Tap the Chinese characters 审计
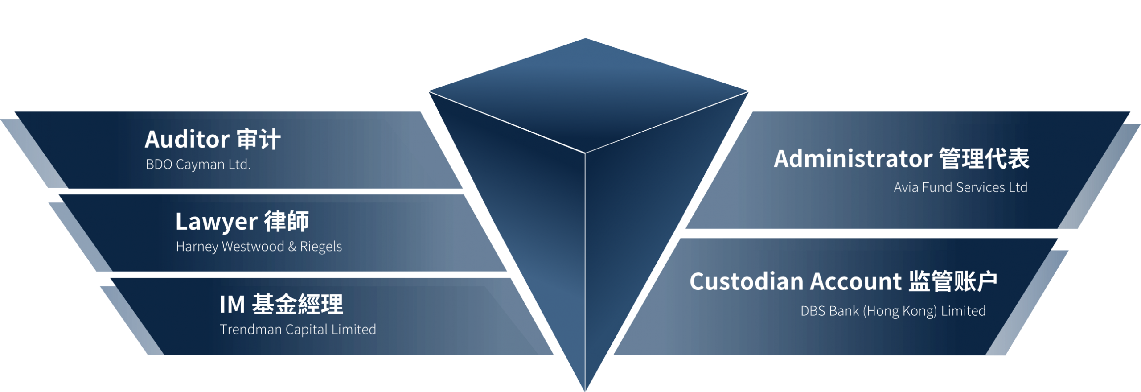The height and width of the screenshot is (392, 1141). [259, 139]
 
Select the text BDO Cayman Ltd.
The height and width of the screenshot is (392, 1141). [198, 165]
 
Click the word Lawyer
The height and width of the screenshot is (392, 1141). [217, 222]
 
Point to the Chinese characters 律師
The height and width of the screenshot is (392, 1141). [287, 221]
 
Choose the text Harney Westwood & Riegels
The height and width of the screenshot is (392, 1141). [259, 247]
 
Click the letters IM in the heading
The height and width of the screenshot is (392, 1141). [232, 305]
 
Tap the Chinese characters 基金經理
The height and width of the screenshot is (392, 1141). [298, 305]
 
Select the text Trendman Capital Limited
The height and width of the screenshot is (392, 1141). [298, 330]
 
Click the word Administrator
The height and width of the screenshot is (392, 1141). [853, 159]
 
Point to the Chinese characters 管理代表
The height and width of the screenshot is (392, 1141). [985, 159]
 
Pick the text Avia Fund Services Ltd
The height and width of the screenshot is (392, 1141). [960, 187]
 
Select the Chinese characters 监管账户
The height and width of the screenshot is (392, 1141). [953, 281]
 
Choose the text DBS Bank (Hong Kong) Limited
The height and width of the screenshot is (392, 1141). [893, 311]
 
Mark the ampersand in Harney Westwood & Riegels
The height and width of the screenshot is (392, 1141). [292, 247]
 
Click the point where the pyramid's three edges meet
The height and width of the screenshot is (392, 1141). [585, 153]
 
